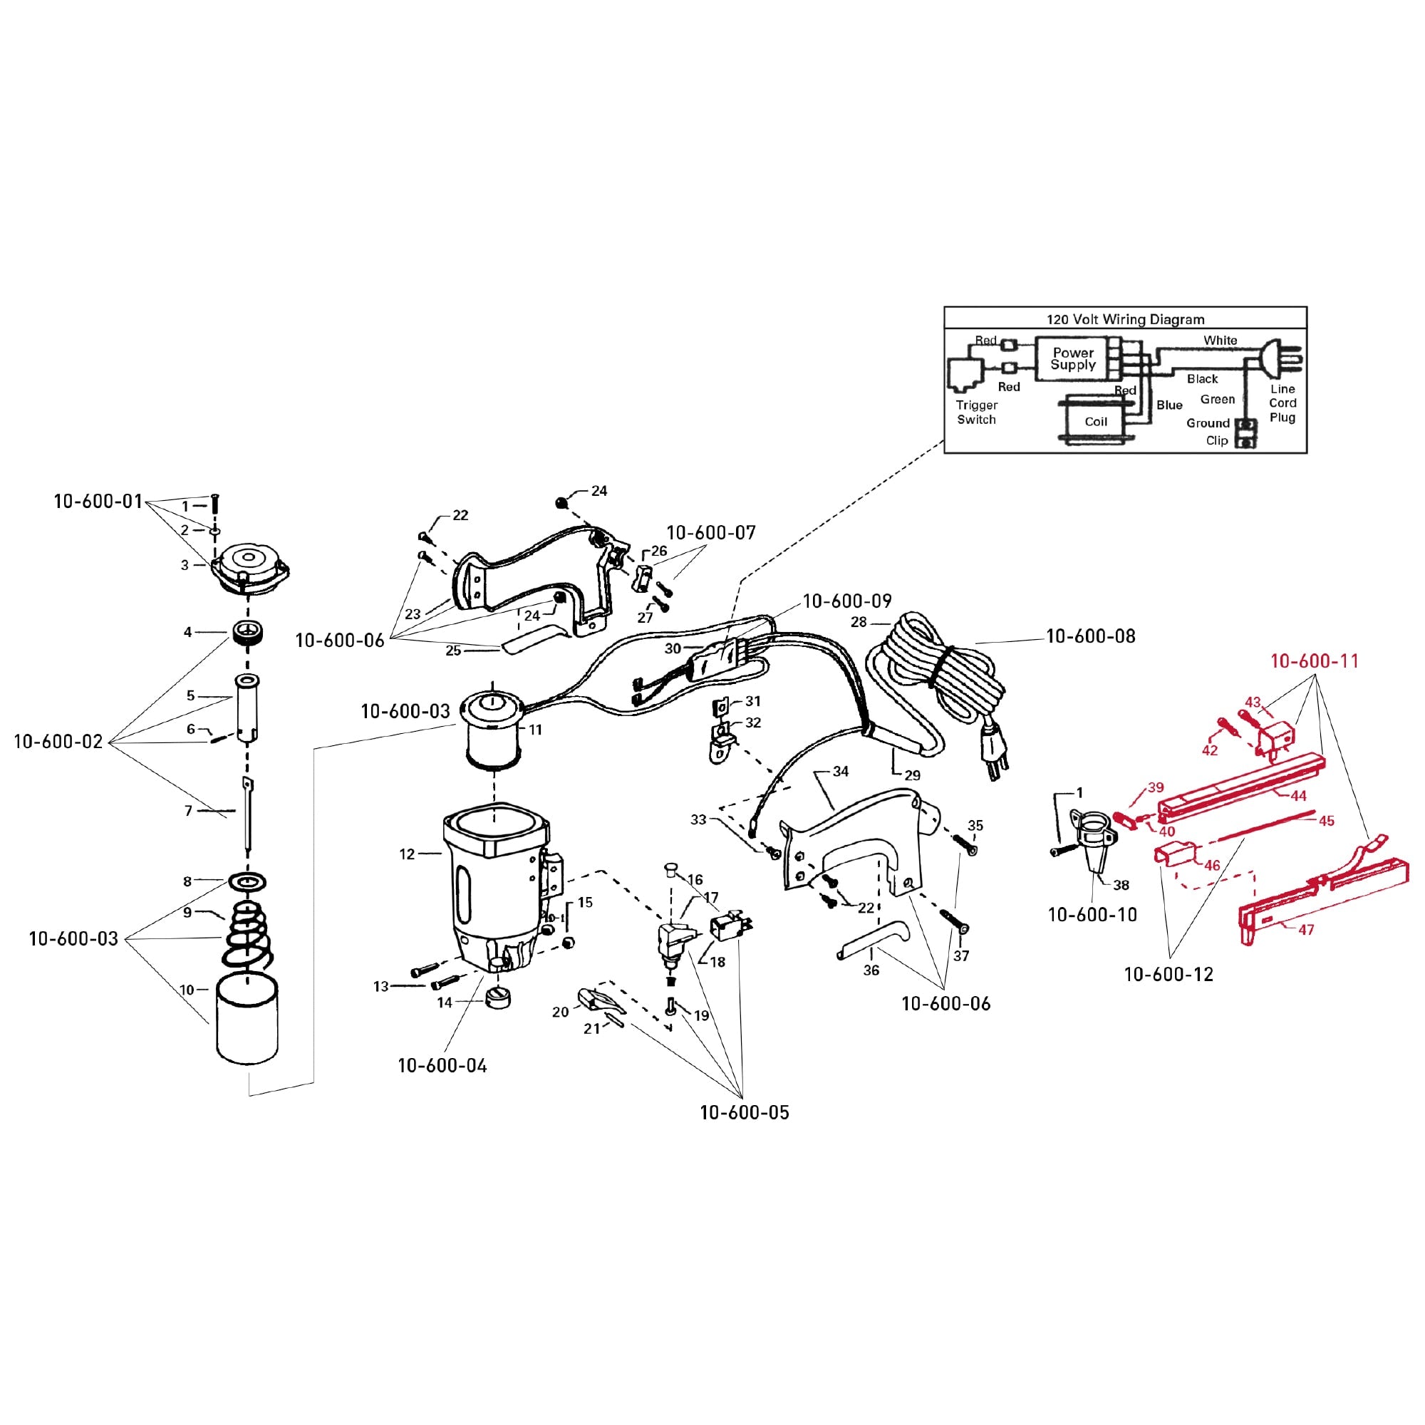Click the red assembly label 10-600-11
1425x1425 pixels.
(x=1314, y=661)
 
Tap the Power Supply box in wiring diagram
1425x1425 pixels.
(x=1072, y=359)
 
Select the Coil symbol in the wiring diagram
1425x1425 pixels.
(x=1095, y=421)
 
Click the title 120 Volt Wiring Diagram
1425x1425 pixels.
(x=1125, y=319)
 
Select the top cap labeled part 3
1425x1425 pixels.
(x=250, y=566)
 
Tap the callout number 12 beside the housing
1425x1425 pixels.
(x=406, y=854)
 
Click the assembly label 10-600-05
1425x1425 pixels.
(x=745, y=1112)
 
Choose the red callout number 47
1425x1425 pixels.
(x=1305, y=930)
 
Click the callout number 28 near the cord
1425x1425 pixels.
(x=858, y=622)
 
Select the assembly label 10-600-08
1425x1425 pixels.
(x=1091, y=636)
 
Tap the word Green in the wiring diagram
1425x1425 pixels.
(x=1216, y=400)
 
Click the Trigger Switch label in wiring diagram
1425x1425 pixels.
(x=976, y=413)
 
